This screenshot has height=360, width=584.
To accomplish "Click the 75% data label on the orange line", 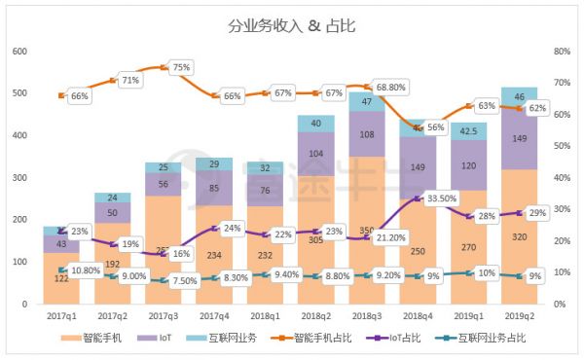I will (181, 68).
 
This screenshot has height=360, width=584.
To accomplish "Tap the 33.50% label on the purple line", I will (436, 198).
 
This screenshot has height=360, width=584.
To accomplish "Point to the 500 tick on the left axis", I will (19, 93).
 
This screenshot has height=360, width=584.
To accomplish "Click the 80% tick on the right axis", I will (561, 52).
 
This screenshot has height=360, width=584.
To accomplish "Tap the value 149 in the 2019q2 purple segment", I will (519, 139).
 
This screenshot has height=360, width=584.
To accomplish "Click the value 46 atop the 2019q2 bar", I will (519, 96).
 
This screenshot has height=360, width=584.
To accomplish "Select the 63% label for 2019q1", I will (487, 105).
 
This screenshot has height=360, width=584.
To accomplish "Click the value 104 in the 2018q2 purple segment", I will (317, 153).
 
